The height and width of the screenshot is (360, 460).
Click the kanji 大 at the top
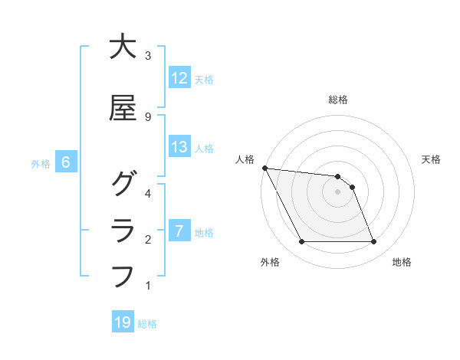pos(123,47)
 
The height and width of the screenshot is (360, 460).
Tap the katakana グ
pos(123,185)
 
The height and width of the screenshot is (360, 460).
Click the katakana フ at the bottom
pos(123,274)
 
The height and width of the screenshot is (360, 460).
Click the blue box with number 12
pos(179,78)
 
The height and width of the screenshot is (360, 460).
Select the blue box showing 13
pos(179,147)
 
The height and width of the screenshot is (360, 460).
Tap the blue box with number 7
pos(179,231)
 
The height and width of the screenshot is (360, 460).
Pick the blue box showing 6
pos(66,162)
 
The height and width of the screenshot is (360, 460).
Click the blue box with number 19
pos(123,322)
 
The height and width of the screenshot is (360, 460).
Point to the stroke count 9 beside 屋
pos(148,116)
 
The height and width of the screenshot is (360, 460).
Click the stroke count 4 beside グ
pos(148,194)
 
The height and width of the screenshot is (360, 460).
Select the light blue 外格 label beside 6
pos(41,163)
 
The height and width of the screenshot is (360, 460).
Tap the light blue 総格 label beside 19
pos(147,323)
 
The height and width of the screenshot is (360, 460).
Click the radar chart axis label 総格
pos(338,100)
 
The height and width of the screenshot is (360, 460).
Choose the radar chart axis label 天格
pos(432,159)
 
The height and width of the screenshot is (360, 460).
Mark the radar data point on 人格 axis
pos(264,168)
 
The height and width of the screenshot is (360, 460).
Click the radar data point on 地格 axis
pos(374,242)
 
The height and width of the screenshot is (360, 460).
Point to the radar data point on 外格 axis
pos(301,242)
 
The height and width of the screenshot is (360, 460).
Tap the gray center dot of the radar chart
pos(337,191)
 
